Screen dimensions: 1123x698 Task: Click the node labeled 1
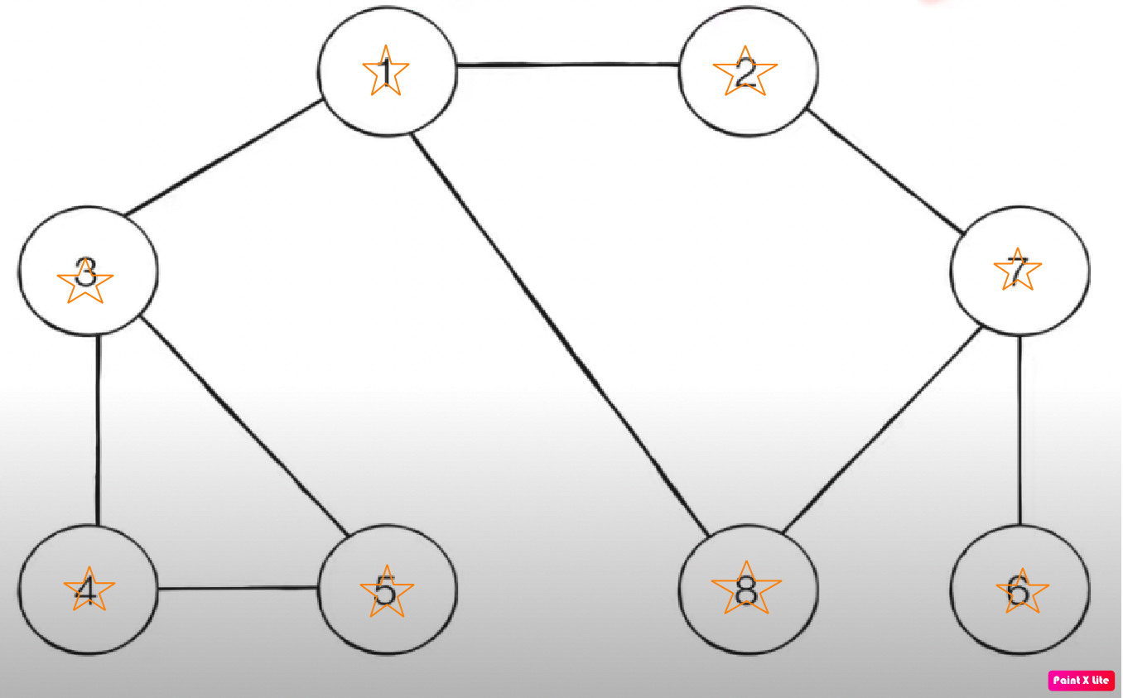[388, 73]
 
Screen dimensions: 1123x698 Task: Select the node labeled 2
[748, 73]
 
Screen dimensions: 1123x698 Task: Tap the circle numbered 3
[88, 272]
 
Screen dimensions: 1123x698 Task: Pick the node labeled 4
[88, 590]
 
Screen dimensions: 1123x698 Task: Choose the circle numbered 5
[388, 590]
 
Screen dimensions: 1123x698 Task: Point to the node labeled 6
[1020, 590]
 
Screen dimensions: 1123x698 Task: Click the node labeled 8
[748, 590]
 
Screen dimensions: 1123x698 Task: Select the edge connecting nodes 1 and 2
[567, 64]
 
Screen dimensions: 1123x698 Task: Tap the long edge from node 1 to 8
[563, 331]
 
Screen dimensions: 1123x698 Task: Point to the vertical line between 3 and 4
[99, 431]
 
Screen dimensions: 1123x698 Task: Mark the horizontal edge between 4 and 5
[239, 589]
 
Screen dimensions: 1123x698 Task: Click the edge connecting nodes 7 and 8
[883, 431]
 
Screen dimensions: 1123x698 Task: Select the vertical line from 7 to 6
[1019, 431]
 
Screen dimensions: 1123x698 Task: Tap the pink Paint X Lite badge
[1081, 681]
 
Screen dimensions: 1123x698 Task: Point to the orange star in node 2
[745, 73]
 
